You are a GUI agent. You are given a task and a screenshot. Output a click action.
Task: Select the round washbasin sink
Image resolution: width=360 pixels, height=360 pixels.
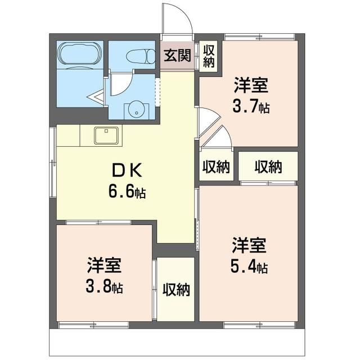(x=135, y=110)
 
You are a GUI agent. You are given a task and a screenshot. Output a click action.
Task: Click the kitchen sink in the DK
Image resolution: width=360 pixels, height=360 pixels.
(x=106, y=136)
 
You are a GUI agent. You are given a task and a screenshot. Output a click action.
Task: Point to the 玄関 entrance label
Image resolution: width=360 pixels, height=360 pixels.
(x=177, y=56)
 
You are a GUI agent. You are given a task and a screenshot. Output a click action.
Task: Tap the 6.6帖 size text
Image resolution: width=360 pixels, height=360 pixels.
(x=127, y=192)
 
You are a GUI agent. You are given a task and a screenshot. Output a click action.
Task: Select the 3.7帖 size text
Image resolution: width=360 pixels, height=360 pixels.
(x=251, y=106)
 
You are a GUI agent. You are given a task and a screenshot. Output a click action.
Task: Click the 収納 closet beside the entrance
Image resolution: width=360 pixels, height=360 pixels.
(x=209, y=56)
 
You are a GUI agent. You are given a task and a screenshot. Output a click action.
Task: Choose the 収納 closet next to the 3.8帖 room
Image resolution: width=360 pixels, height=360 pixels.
(x=176, y=290)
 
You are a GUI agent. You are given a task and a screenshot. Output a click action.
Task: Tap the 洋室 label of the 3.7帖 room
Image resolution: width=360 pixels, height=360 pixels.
(x=251, y=87)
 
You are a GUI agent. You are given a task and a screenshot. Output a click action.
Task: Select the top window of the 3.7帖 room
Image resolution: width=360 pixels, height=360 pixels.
(x=259, y=37)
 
